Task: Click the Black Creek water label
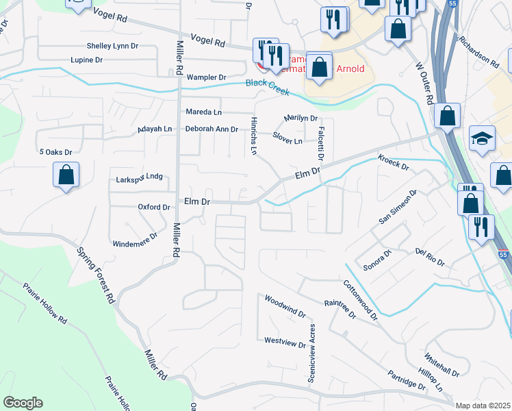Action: pos(267,87)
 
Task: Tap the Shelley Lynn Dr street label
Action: pos(113,47)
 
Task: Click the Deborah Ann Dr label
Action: pos(212,129)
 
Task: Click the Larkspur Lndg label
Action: pos(139,177)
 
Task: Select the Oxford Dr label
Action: pos(153,207)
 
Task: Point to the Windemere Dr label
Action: pos(135,239)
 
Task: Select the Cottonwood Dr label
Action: pos(360,299)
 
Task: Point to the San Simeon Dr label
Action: pos(398,208)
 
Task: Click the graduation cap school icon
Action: pos(482,138)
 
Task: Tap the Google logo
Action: pos(23,403)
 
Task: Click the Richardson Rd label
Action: pos(479,51)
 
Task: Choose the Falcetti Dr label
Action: pos(318,144)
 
